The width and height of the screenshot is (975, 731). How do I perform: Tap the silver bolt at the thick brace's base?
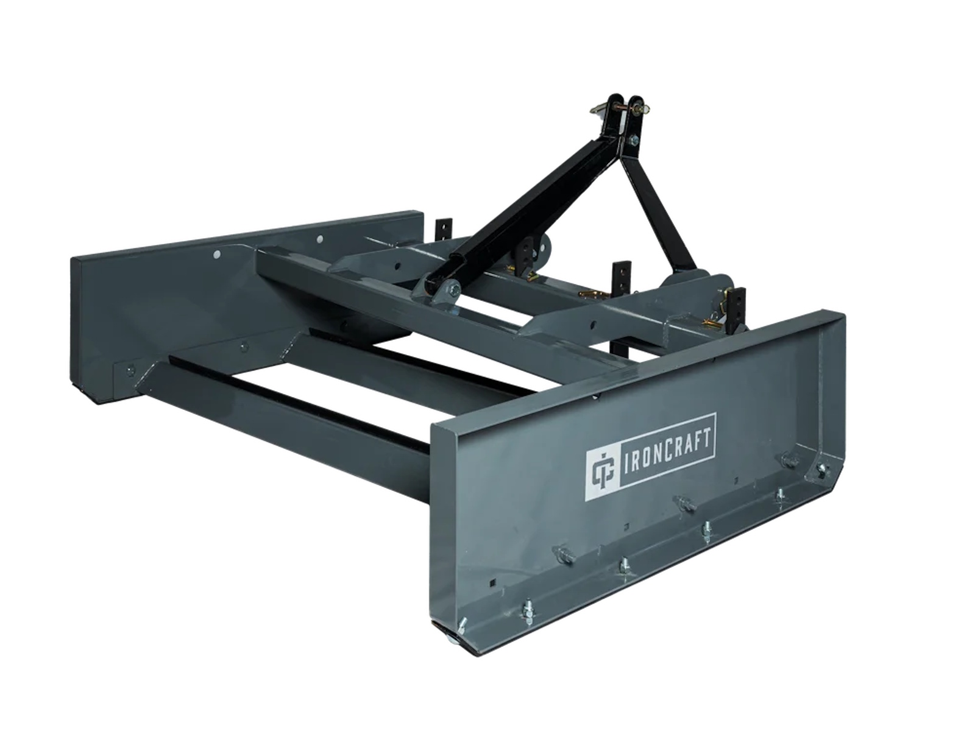(453, 291)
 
